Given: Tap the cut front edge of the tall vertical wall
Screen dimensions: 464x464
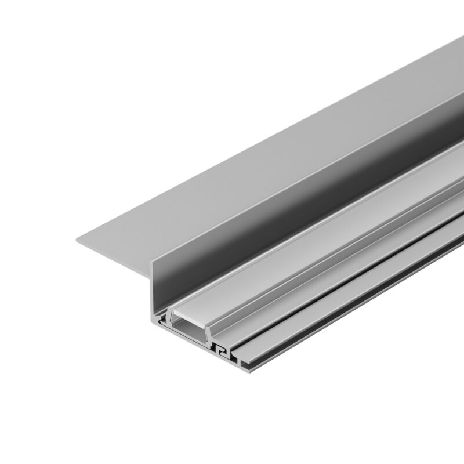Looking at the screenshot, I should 153,290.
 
